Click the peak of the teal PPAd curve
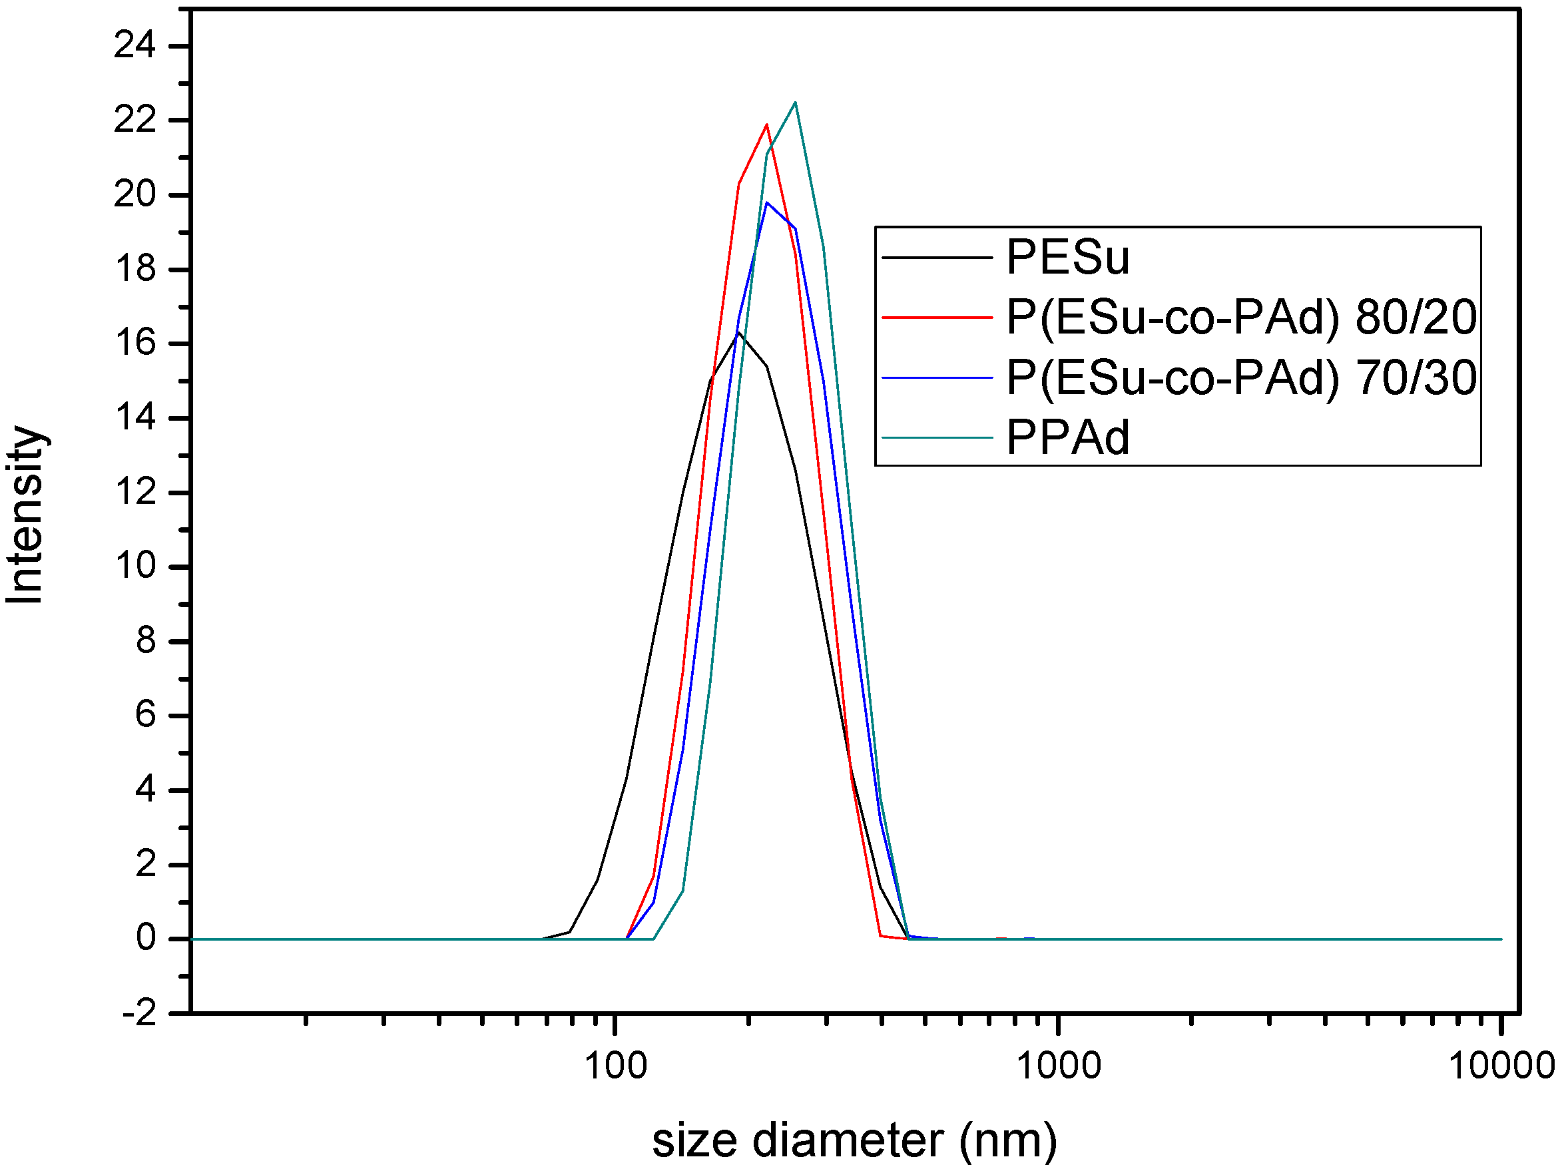click(x=795, y=103)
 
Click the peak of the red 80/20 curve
click(x=766, y=125)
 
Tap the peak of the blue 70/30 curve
click(x=766, y=203)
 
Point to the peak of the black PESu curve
click(x=738, y=332)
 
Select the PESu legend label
click(x=1067, y=257)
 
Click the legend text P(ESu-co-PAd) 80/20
click(x=1240, y=318)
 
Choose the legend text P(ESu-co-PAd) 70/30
click(x=1240, y=378)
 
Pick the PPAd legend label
click(x=1067, y=438)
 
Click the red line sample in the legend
click(x=937, y=318)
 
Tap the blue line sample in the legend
click(x=937, y=378)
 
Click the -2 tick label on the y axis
click(x=139, y=1014)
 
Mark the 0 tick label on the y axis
click(x=146, y=939)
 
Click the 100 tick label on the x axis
click(x=616, y=1066)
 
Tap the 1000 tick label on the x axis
click(x=1058, y=1066)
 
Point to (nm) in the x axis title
click(x=1008, y=1141)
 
